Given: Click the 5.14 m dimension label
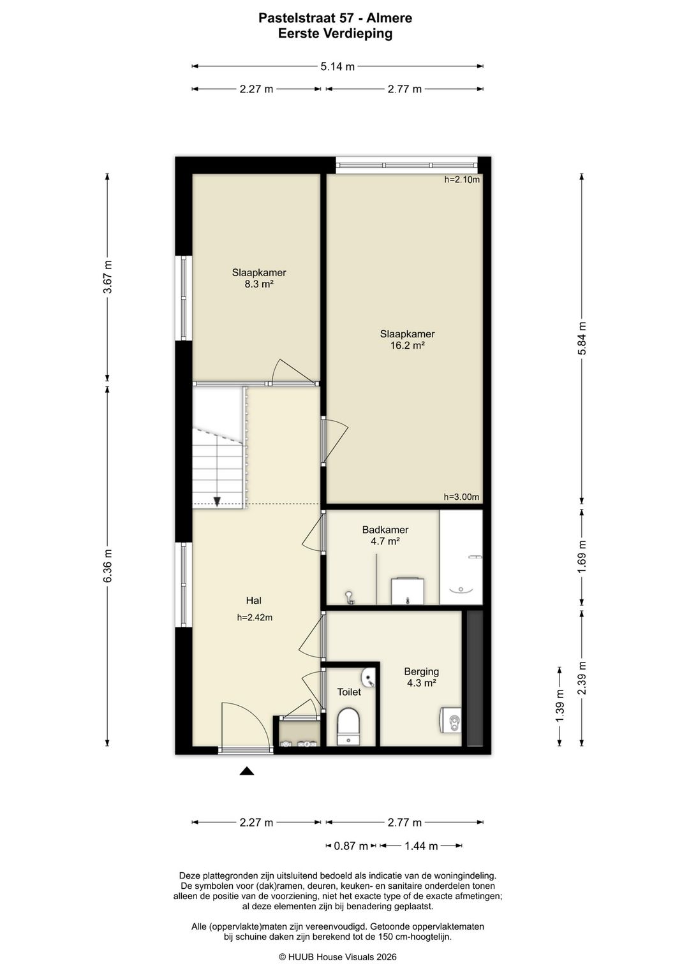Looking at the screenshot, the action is tap(337, 66).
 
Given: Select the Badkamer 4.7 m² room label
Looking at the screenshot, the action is tap(385, 535).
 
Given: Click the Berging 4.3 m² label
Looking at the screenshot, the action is tap(421, 677).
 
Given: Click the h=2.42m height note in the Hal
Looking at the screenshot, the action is tap(255, 617).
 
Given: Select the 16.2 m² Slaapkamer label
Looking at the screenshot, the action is tap(407, 340).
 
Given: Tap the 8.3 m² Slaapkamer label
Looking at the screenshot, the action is tap(259, 279).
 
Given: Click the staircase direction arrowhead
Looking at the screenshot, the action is tap(217, 501).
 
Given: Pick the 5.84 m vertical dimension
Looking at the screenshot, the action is tap(582, 339).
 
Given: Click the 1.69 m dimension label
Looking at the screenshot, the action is tap(582, 557).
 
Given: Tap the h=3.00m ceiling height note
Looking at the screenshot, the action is tap(461, 497).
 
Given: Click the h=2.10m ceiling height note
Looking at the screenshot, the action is tap(462, 179).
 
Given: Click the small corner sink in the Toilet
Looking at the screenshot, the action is tap(367, 678).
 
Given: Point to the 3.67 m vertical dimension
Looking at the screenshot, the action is tap(107, 277).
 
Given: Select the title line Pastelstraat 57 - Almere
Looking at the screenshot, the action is tap(335, 18).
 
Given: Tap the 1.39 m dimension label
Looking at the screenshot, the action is tap(559, 706).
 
